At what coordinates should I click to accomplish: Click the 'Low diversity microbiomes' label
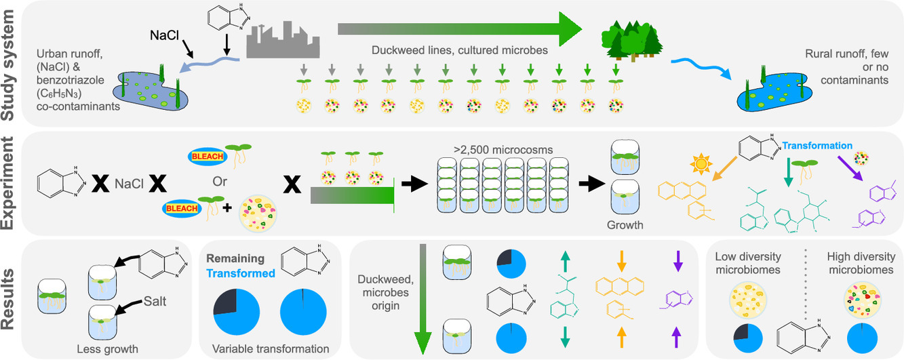[747, 262]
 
